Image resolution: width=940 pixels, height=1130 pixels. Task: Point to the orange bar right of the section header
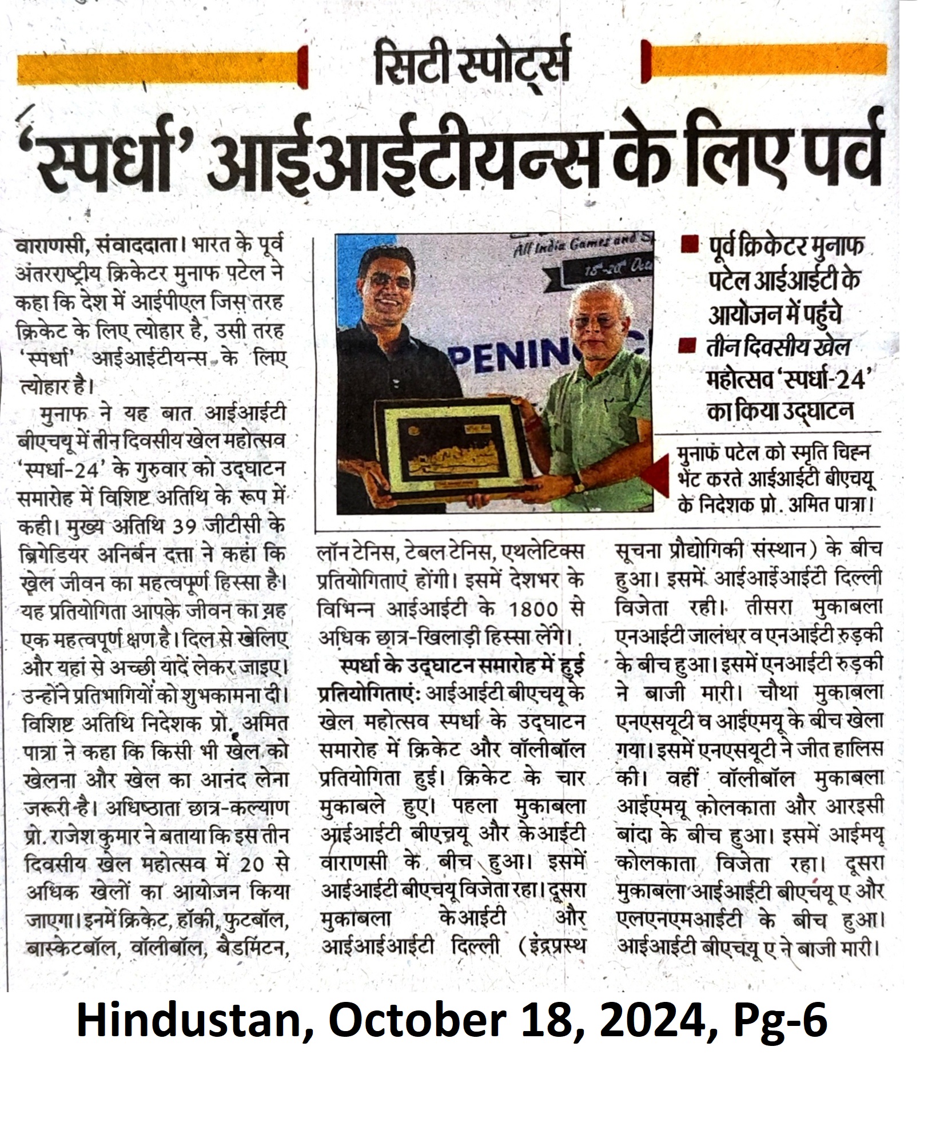[x=768, y=59]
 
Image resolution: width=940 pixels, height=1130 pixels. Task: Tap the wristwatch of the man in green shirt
[x=579, y=483]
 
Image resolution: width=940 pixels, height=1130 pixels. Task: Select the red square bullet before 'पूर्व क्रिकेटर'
[x=691, y=246]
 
